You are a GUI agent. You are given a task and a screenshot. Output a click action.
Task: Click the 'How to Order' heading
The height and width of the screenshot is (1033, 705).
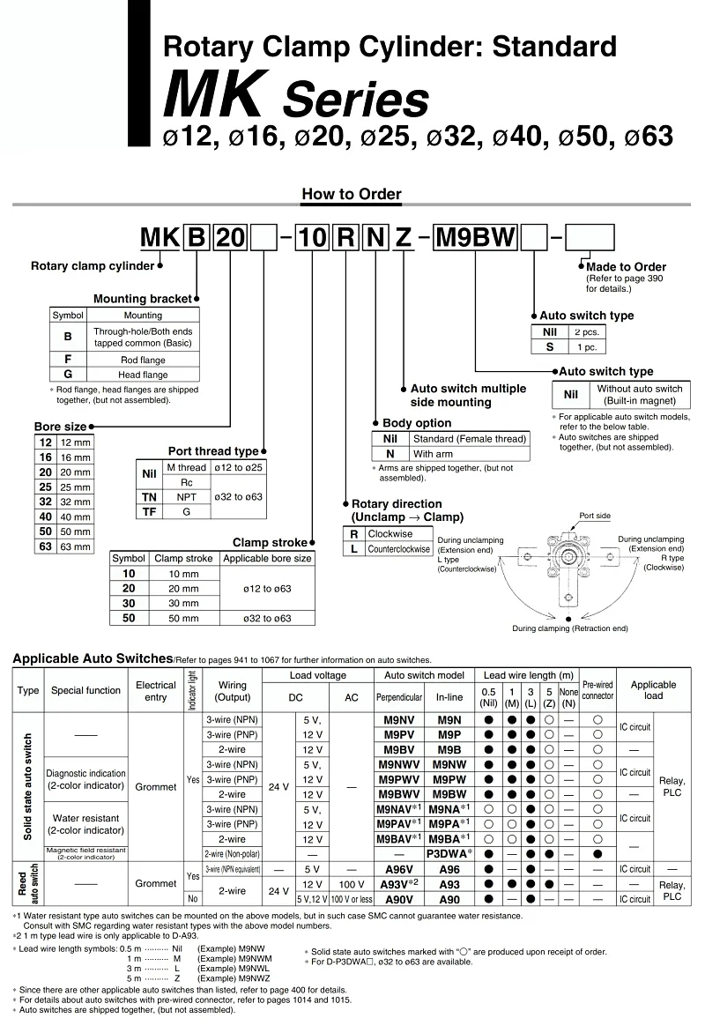[351, 195]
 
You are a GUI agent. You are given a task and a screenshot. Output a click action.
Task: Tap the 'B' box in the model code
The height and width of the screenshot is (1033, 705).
[197, 238]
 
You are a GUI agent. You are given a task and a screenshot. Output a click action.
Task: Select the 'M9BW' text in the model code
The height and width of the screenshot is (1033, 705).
[476, 238]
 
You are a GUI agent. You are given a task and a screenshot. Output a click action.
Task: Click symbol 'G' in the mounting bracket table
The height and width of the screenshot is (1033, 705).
[68, 375]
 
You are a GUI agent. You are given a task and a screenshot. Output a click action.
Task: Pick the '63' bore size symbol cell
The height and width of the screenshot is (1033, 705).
[45, 546]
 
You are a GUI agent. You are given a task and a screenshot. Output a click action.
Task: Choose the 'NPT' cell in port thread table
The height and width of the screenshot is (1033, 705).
[186, 497]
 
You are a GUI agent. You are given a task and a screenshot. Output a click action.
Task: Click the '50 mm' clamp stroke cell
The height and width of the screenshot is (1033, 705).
[183, 619]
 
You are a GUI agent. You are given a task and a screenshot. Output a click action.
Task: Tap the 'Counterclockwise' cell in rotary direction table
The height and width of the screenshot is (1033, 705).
[398, 548]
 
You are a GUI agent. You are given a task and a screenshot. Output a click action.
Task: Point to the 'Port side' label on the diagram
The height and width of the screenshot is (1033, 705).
[595, 516]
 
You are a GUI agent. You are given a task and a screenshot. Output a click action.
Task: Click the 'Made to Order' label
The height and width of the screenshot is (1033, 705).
[626, 267]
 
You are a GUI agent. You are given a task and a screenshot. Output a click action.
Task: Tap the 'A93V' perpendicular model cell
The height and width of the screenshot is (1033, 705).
[399, 884]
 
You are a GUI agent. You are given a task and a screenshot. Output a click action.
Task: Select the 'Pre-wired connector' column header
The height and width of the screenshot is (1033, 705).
[597, 690]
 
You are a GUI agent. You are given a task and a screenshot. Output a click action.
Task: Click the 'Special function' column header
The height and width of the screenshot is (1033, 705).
[85, 690]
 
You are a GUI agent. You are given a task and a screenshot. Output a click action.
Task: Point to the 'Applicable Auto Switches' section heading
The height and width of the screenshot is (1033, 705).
[92, 658]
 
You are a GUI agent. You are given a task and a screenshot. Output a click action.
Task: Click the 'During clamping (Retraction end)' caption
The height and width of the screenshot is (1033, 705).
[570, 628]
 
